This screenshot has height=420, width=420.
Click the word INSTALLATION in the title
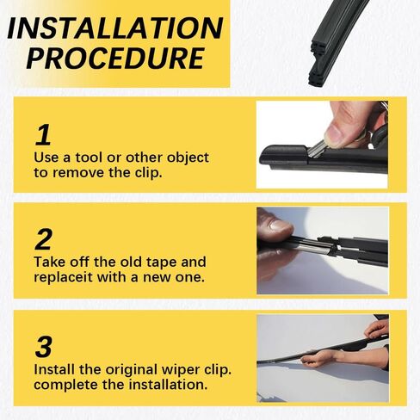tap(115, 28)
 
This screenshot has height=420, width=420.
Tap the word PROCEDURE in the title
tap(115, 59)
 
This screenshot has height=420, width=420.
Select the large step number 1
tap(43, 134)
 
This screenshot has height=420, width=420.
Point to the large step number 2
tap(44, 239)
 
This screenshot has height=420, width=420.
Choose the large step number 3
tap(44, 347)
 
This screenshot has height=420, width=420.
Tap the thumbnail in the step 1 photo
tap(335, 135)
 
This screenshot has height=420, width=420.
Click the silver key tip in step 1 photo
tap(317, 150)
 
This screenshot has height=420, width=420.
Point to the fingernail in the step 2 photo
tap(281, 225)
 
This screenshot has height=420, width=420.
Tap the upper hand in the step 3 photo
tap(376, 329)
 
